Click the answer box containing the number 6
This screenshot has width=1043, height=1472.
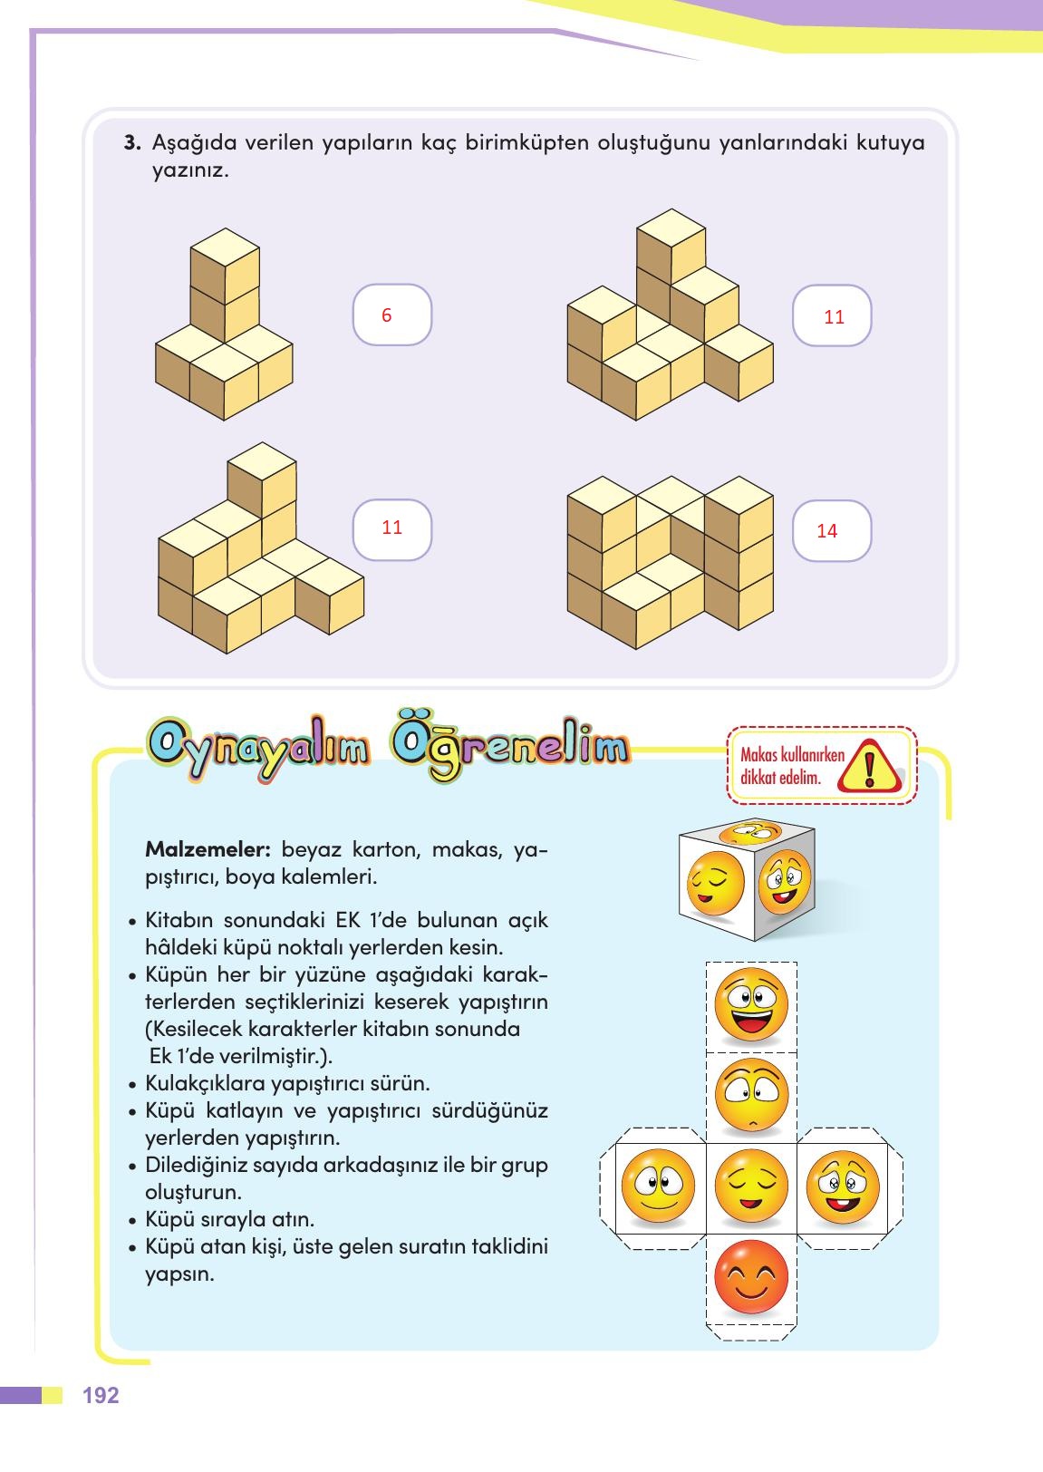pos(391,315)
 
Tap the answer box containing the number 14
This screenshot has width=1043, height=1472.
pos(831,530)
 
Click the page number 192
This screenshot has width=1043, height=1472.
pos(101,1395)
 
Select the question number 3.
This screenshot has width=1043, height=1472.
pos(132,143)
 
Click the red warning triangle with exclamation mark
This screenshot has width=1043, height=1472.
pos(869,768)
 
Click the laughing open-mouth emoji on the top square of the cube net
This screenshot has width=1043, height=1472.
pos(751,1005)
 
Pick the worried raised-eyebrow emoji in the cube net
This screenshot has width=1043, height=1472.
pos(751,1094)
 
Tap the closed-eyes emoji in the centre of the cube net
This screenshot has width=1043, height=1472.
pos(751,1186)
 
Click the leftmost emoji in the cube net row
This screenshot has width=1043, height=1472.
pos(659,1186)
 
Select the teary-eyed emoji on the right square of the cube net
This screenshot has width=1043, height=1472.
pos(843,1186)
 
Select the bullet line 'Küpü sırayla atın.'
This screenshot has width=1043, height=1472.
pos(230,1219)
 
